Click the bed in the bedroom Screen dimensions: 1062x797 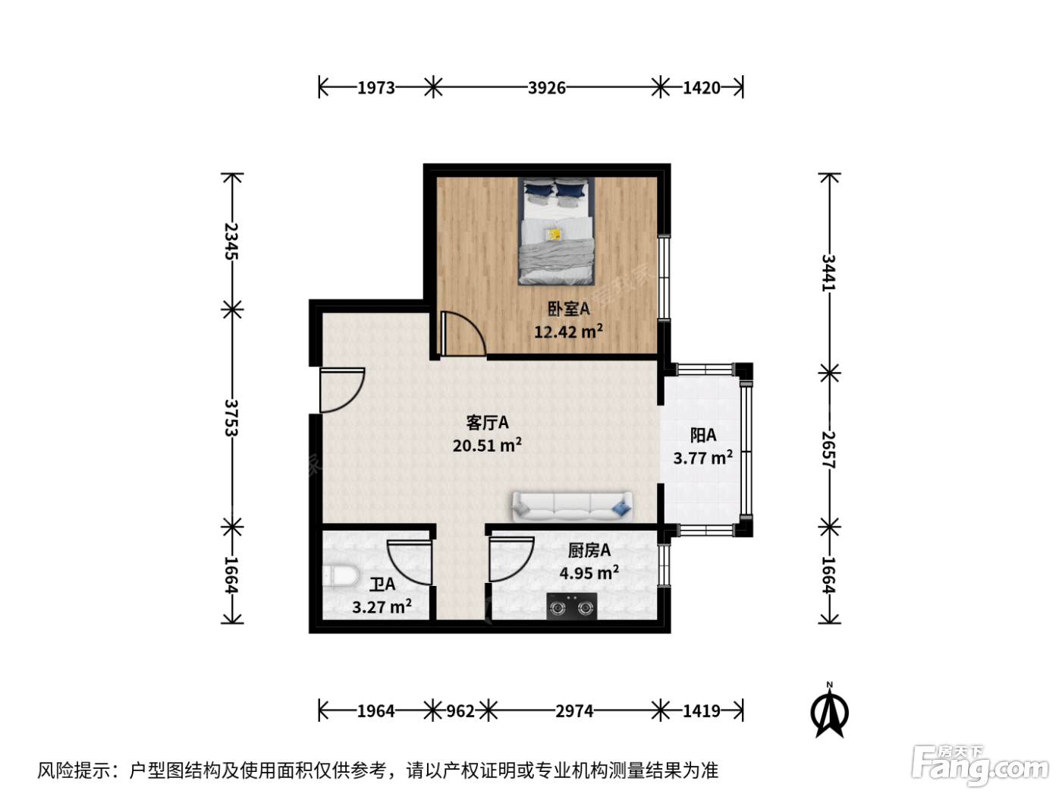pyautogui.click(x=556, y=231)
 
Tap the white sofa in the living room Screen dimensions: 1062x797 pyautogui.click(x=572, y=506)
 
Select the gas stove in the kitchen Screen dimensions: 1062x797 pyautogui.click(x=571, y=606)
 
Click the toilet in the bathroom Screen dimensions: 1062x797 pyautogui.click(x=341, y=576)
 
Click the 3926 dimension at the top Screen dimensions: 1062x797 pyautogui.click(x=547, y=88)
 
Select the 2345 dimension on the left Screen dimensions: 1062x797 pyautogui.click(x=231, y=241)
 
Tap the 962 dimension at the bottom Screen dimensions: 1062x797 pyautogui.click(x=460, y=711)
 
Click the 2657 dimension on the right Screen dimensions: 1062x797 pyautogui.click(x=829, y=449)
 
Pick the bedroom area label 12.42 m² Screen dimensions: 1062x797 pyautogui.click(x=568, y=332)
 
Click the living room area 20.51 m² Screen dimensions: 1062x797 pyautogui.click(x=487, y=445)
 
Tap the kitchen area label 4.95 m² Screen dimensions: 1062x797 pyautogui.click(x=589, y=573)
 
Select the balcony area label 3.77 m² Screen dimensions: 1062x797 pyautogui.click(x=703, y=457)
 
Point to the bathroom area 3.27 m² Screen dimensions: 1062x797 pyautogui.click(x=382, y=606)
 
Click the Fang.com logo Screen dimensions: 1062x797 pyautogui.click(x=979, y=766)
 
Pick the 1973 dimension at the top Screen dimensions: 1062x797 pyautogui.click(x=376, y=88)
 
